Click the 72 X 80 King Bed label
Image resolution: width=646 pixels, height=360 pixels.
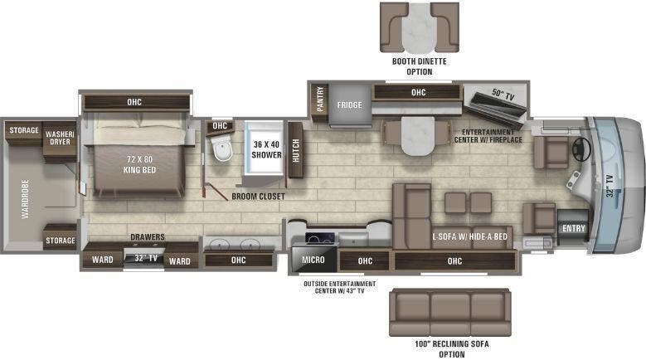click(x=129, y=163)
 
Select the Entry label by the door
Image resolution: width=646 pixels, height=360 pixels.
click(x=572, y=229)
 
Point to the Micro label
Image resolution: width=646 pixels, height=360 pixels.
click(x=313, y=260)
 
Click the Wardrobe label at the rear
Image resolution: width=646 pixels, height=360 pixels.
click(x=26, y=199)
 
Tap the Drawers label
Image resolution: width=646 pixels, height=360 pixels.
click(x=147, y=237)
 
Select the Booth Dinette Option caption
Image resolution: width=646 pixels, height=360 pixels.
click(x=419, y=66)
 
